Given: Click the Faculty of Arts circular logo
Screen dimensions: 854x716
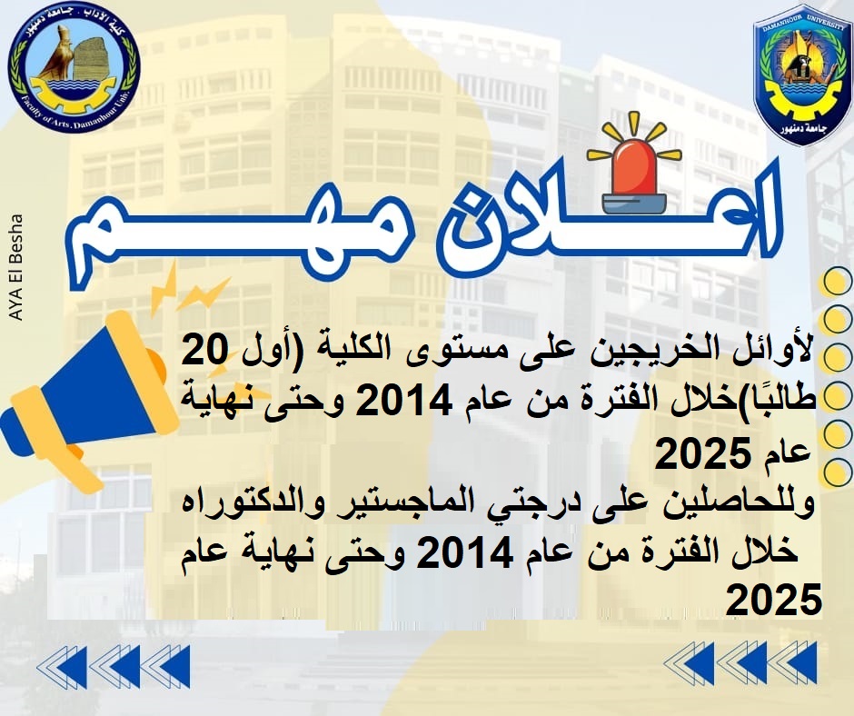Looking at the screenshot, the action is (x=74, y=70).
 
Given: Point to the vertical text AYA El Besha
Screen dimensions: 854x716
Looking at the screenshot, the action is (x=16, y=267).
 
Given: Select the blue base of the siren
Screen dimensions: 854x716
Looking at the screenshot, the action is (x=634, y=202).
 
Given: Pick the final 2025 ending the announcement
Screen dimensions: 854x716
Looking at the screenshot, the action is (x=774, y=601).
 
